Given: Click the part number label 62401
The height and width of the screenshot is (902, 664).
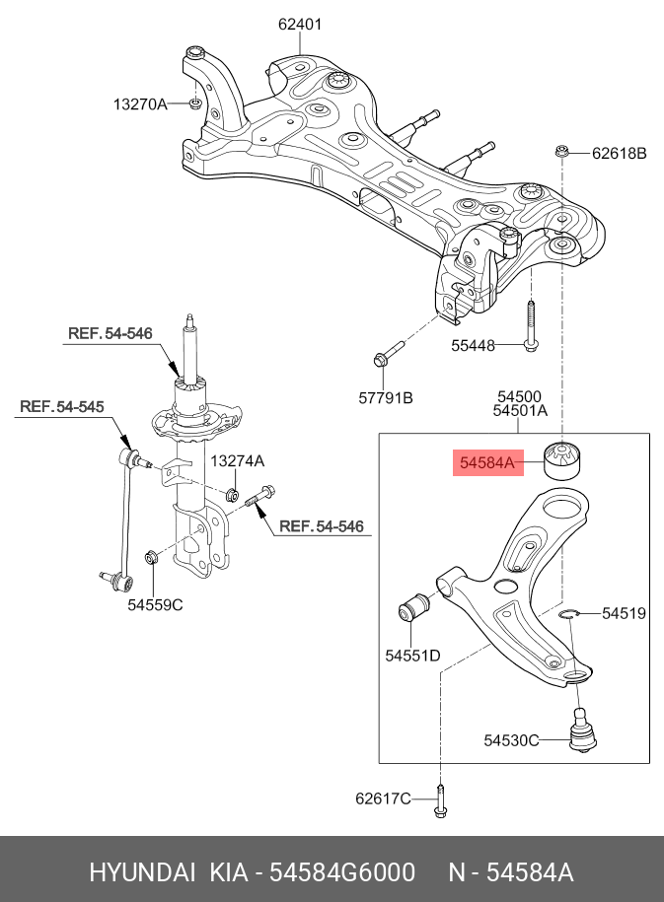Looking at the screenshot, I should (x=300, y=24).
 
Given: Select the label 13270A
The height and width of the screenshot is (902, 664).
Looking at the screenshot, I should (x=140, y=103).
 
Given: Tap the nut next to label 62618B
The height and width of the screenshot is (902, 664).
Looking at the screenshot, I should (x=561, y=152).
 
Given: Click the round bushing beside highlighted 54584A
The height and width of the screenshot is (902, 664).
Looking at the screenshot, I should (x=565, y=459).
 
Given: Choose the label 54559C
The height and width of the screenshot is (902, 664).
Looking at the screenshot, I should (x=155, y=605).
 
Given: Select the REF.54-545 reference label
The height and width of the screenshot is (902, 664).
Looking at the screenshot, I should (x=62, y=406).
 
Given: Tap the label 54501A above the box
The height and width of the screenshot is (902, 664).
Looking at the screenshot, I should (x=520, y=411).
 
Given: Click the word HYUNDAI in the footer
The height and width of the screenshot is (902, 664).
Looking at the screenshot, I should (x=143, y=872).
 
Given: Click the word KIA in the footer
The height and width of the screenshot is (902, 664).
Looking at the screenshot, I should (x=228, y=872).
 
